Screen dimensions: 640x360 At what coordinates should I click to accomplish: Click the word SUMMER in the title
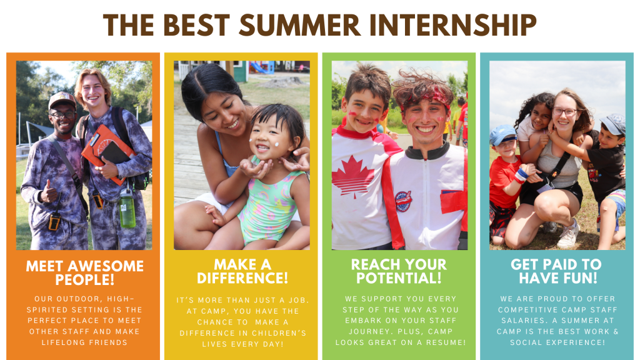point(299,25)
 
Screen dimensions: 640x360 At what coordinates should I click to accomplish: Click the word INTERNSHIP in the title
point(453,25)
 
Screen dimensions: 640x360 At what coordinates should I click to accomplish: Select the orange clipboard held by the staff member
point(107,153)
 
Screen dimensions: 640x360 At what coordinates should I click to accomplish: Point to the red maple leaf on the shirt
point(352,176)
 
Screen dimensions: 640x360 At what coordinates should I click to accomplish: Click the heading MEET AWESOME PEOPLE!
point(85,272)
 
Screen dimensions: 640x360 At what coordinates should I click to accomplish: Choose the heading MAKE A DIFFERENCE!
point(242,271)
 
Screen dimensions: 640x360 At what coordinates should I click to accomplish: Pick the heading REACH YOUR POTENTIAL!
point(399,271)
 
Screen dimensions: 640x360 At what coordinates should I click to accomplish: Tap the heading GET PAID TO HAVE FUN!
point(556,271)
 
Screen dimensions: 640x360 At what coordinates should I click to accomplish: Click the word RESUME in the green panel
point(446,342)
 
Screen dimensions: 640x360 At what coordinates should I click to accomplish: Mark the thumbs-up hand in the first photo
point(49,192)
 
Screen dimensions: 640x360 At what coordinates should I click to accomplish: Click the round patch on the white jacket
point(403,201)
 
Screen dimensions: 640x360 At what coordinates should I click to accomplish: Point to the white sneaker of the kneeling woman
point(568,234)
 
